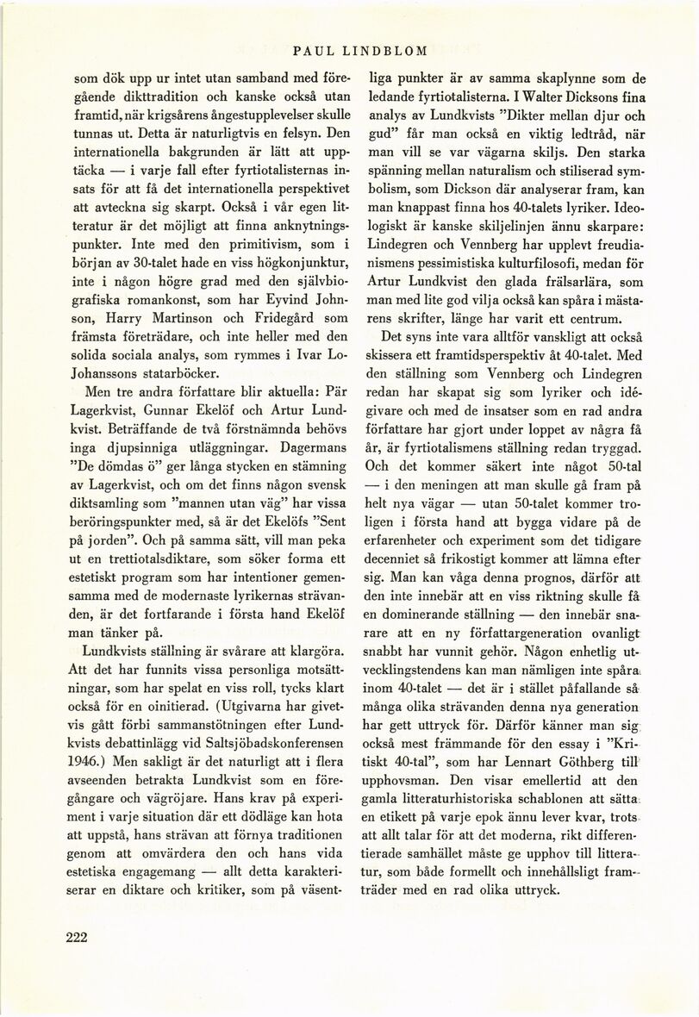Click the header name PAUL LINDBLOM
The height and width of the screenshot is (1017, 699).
(x=349, y=49)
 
